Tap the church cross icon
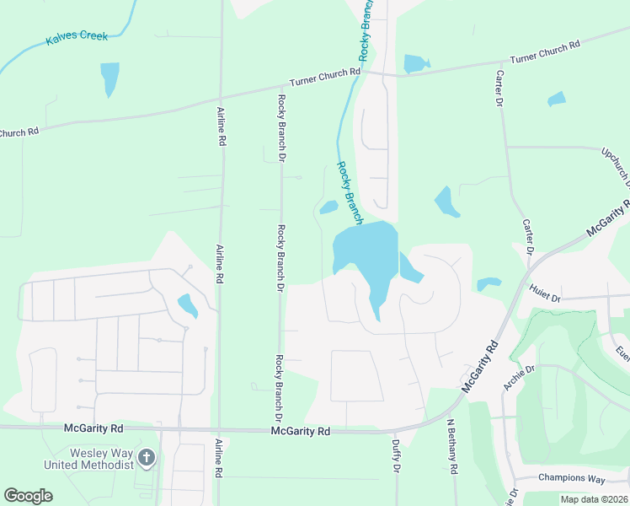[147, 458]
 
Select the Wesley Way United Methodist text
[89, 459]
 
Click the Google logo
[28, 496]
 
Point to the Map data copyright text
[593, 499]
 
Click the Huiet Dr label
[545, 293]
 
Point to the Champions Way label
[572, 478]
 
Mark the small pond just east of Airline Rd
[187, 304]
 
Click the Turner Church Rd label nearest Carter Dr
[545, 53]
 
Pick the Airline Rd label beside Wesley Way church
[218, 459]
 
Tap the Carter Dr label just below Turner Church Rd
[498, 87]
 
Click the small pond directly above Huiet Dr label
[489, 284]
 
